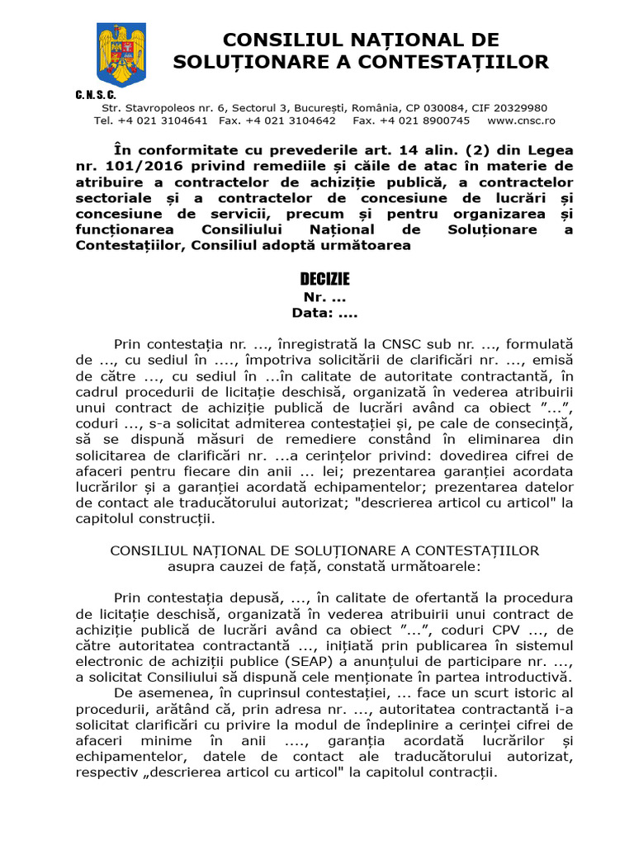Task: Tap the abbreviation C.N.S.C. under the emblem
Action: tap(97, 96)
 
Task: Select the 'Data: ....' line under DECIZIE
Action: tap(324, 313)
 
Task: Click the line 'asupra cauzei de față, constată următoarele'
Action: tap(324, 567)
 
